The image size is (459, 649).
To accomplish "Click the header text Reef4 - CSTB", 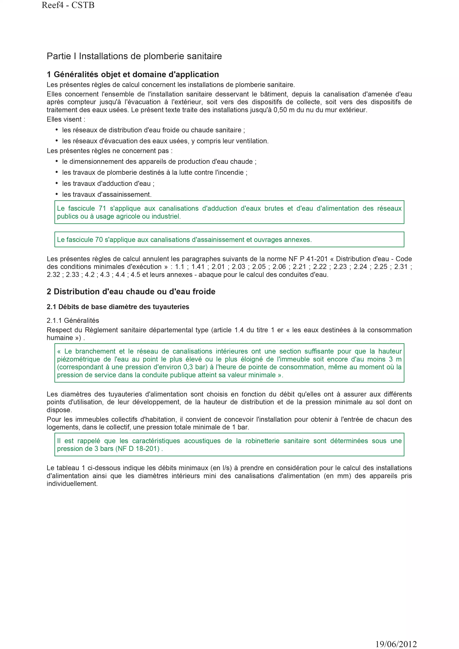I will (68, 5).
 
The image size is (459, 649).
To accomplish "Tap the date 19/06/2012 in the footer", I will (396, 644).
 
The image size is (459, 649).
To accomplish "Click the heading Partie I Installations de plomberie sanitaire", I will (134, 56).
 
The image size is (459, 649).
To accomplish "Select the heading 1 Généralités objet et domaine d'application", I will (133, 74).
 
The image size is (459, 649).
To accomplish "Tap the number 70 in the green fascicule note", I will (99, 240).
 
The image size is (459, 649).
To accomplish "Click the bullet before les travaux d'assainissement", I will (56, 194).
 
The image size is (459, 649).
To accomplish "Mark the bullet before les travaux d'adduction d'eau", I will (56, 183).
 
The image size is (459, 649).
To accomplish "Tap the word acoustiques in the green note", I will (202, 441).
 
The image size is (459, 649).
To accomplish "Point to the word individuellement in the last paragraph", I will (72, 484).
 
